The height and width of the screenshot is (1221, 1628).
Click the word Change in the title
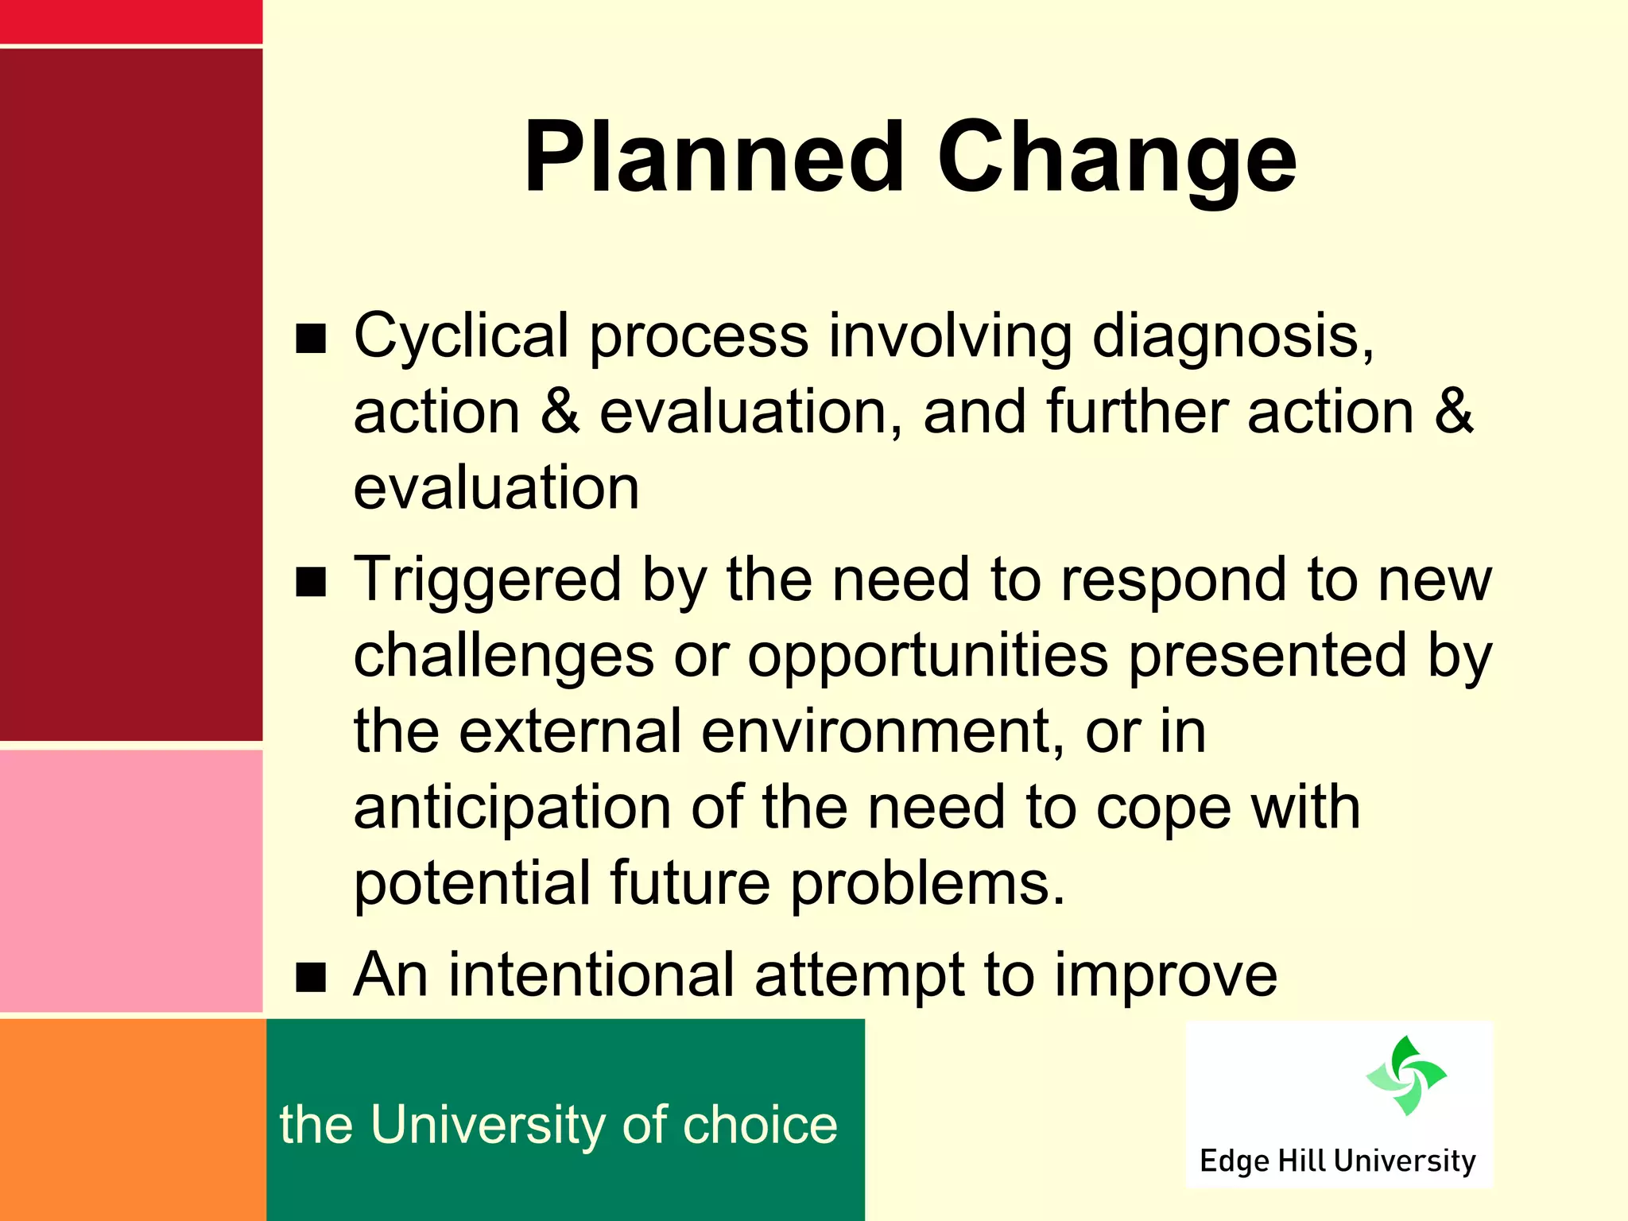[x=1116, y=157]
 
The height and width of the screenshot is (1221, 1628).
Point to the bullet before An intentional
[x=311, y=978]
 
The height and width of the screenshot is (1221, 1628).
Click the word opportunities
[x=927, y=657]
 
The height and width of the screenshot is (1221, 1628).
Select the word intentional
[x=591, y=975]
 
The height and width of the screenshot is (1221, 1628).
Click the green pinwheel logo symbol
[x=1405, y=1076]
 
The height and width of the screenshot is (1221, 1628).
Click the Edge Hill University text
[x=1337, y=1161]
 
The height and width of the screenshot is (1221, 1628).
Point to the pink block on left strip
[x=130, y=881]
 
